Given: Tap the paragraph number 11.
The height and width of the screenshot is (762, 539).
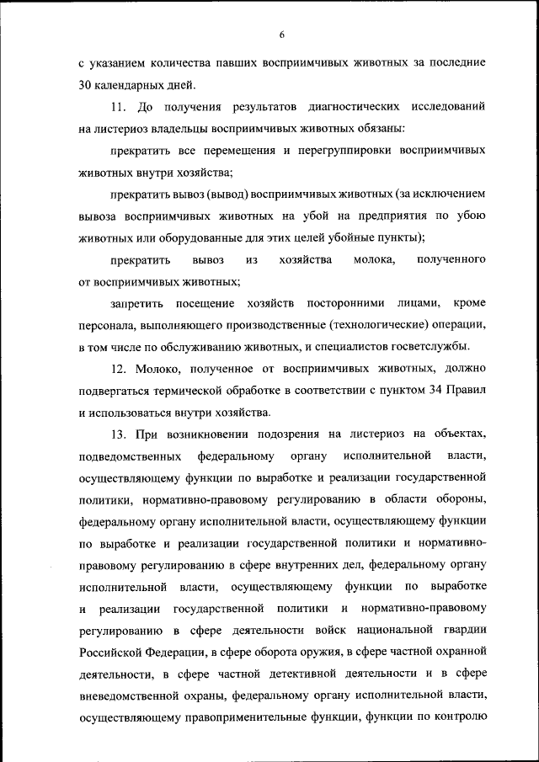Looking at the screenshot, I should [117, 108].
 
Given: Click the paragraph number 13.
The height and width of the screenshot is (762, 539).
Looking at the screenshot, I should [119, 434].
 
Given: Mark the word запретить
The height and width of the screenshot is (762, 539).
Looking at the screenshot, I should [137, 302].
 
